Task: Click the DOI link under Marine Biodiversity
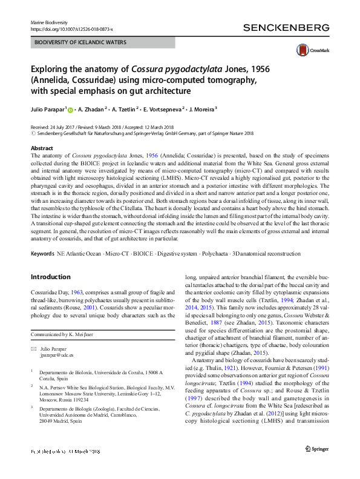tap(71, 28)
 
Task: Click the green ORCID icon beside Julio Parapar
tap(70, 110)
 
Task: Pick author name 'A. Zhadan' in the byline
tap(91, 110)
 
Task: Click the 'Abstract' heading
tap(41, 148)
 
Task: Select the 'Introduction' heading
tap(50, 277)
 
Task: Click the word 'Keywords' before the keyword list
tap(44, 253)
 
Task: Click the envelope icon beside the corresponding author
tap(33, 351)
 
